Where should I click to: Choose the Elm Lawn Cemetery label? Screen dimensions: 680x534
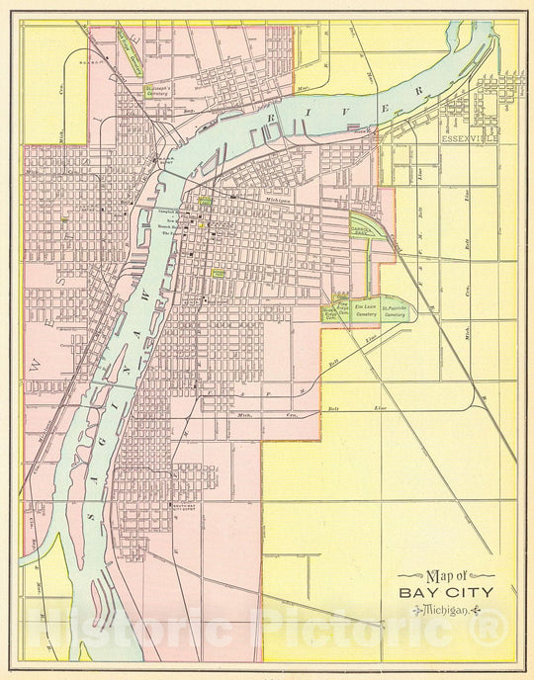click(367, 311)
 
